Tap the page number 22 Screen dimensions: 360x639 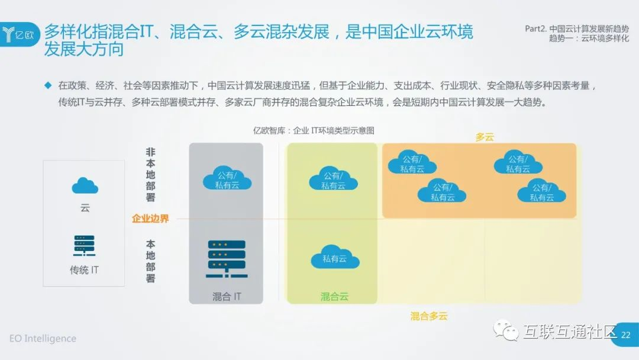(626, 335)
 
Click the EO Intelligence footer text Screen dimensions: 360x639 (43, 339)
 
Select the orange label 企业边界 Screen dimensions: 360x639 (150, 218)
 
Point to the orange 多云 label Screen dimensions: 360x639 (485, 137)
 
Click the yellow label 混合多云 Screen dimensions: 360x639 (429, 316)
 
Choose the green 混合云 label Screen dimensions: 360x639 (334, 297)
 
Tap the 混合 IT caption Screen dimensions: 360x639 (227, 297)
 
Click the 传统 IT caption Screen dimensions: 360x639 (85, 270)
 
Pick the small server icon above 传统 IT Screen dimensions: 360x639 (85, 246)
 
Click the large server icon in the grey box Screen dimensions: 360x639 (226, 259)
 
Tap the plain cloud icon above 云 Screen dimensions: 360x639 (85, 185)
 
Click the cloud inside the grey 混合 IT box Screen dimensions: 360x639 (227, 177)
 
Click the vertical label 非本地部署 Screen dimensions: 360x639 (150, 175)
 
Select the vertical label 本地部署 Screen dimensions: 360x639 (150, 261)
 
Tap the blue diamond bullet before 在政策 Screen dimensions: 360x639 (49, 85)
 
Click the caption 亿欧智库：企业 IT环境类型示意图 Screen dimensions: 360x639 (314, 131)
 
